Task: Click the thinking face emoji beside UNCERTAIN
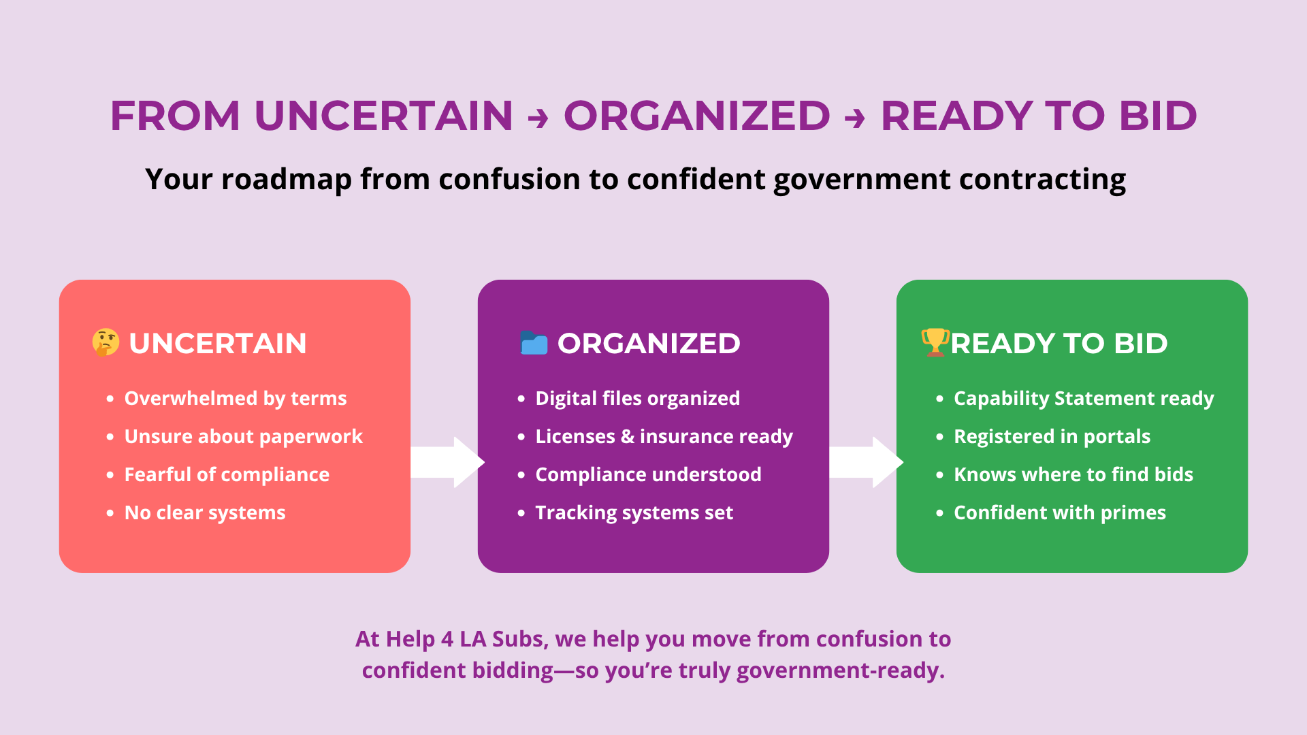click(106, 343)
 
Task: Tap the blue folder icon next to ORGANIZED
click(534, 343)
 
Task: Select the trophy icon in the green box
click(935, 342)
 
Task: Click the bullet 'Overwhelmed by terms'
click(236, 398)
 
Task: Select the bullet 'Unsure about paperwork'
click(243, 436)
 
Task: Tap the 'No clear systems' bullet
click(205, 512)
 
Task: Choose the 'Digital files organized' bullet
click(637, 398)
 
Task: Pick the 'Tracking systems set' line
click(634, 512)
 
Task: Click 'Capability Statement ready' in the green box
click(1084, 398)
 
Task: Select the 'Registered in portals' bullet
click(1052, 436)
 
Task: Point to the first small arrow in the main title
click(538, 118)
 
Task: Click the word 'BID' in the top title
click(1158, 116)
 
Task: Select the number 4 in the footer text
click(447, 639)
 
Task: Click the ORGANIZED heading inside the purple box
click(649, 343)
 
